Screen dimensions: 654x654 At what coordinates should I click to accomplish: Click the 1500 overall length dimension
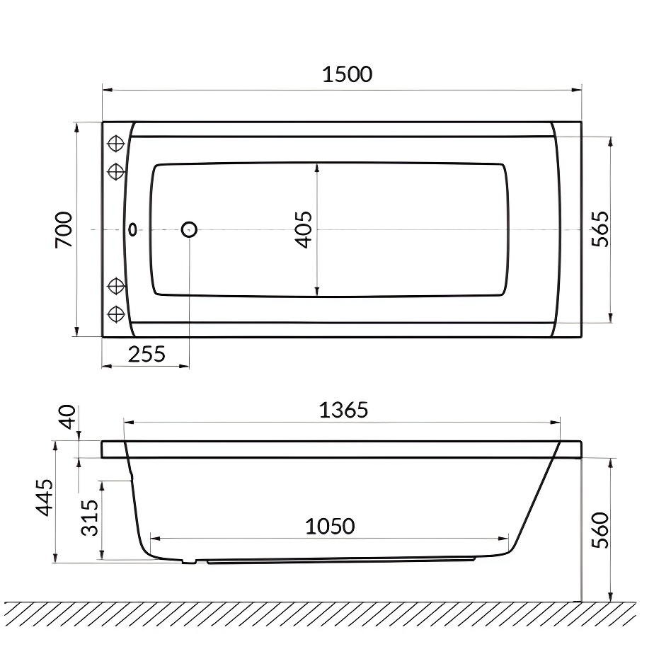347,74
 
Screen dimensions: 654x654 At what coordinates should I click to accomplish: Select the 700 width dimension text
64,229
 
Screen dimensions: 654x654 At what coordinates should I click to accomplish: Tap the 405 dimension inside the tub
303,229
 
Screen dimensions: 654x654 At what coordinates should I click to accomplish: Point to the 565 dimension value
599,229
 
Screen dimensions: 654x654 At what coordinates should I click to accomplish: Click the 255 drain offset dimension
147,353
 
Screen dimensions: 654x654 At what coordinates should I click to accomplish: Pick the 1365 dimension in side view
343,410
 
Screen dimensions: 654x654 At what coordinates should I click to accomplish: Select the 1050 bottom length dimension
330,527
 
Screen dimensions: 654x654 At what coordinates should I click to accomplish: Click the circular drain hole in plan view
189,229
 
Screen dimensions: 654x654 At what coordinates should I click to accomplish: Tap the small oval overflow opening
132,229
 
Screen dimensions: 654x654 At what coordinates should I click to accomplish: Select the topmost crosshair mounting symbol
115,144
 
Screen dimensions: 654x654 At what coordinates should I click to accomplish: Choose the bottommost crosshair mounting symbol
115,312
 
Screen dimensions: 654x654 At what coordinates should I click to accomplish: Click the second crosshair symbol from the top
115,171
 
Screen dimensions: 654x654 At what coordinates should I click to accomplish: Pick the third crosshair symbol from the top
115,286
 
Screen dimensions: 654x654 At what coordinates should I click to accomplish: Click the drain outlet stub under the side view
188,562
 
